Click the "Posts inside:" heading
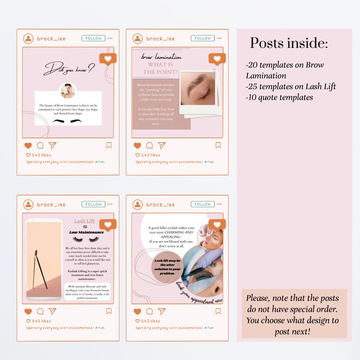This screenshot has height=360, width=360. [289, 43]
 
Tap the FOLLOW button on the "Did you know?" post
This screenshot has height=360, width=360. [93, 39]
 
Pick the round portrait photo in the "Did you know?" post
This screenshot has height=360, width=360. [68, 90]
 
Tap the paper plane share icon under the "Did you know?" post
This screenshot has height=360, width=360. [52, 145]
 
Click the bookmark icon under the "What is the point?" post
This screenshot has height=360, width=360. [218, 145]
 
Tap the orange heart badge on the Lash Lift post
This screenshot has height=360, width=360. [108, 224]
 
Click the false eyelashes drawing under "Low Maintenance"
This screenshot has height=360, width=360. [85, 239]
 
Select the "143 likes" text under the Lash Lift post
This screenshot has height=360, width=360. [42, 321]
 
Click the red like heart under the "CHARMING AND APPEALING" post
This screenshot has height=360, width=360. [138, 311]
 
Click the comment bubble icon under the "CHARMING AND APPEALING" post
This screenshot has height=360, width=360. [150, 311]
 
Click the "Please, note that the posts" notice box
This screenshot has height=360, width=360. [294, 314]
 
